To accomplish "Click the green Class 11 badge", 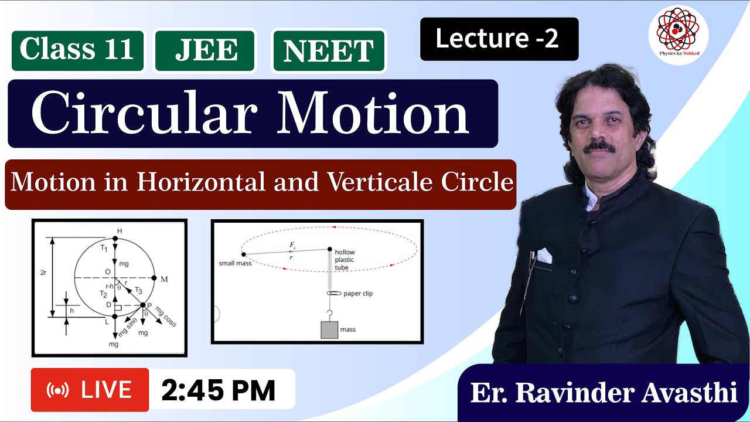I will coord(77,50).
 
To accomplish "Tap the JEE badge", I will coord(205,51).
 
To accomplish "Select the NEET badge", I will coord(328,51).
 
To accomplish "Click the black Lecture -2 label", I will coord(499,39).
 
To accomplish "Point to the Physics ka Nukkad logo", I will coord(678,36).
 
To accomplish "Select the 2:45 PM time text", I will coord(218,390).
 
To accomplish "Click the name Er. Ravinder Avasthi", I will coord(604,393).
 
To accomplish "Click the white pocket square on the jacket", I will coord(544,256).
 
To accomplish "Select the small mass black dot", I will coord(244,254).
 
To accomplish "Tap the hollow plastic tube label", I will coord(345,260).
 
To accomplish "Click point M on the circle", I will coord(154,278).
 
